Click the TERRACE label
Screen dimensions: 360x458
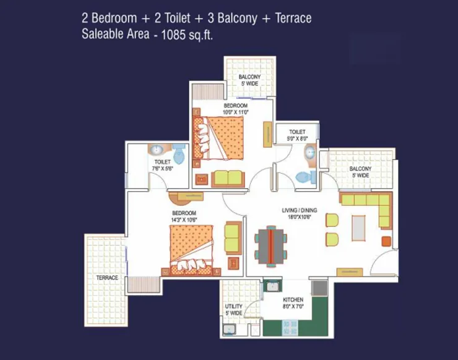point(107,278)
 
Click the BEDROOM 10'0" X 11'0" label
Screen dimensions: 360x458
point(235,109)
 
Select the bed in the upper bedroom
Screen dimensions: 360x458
point(219,137)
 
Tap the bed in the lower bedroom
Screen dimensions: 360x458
point(191,249)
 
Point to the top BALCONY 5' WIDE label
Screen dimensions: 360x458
point(250,80)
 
